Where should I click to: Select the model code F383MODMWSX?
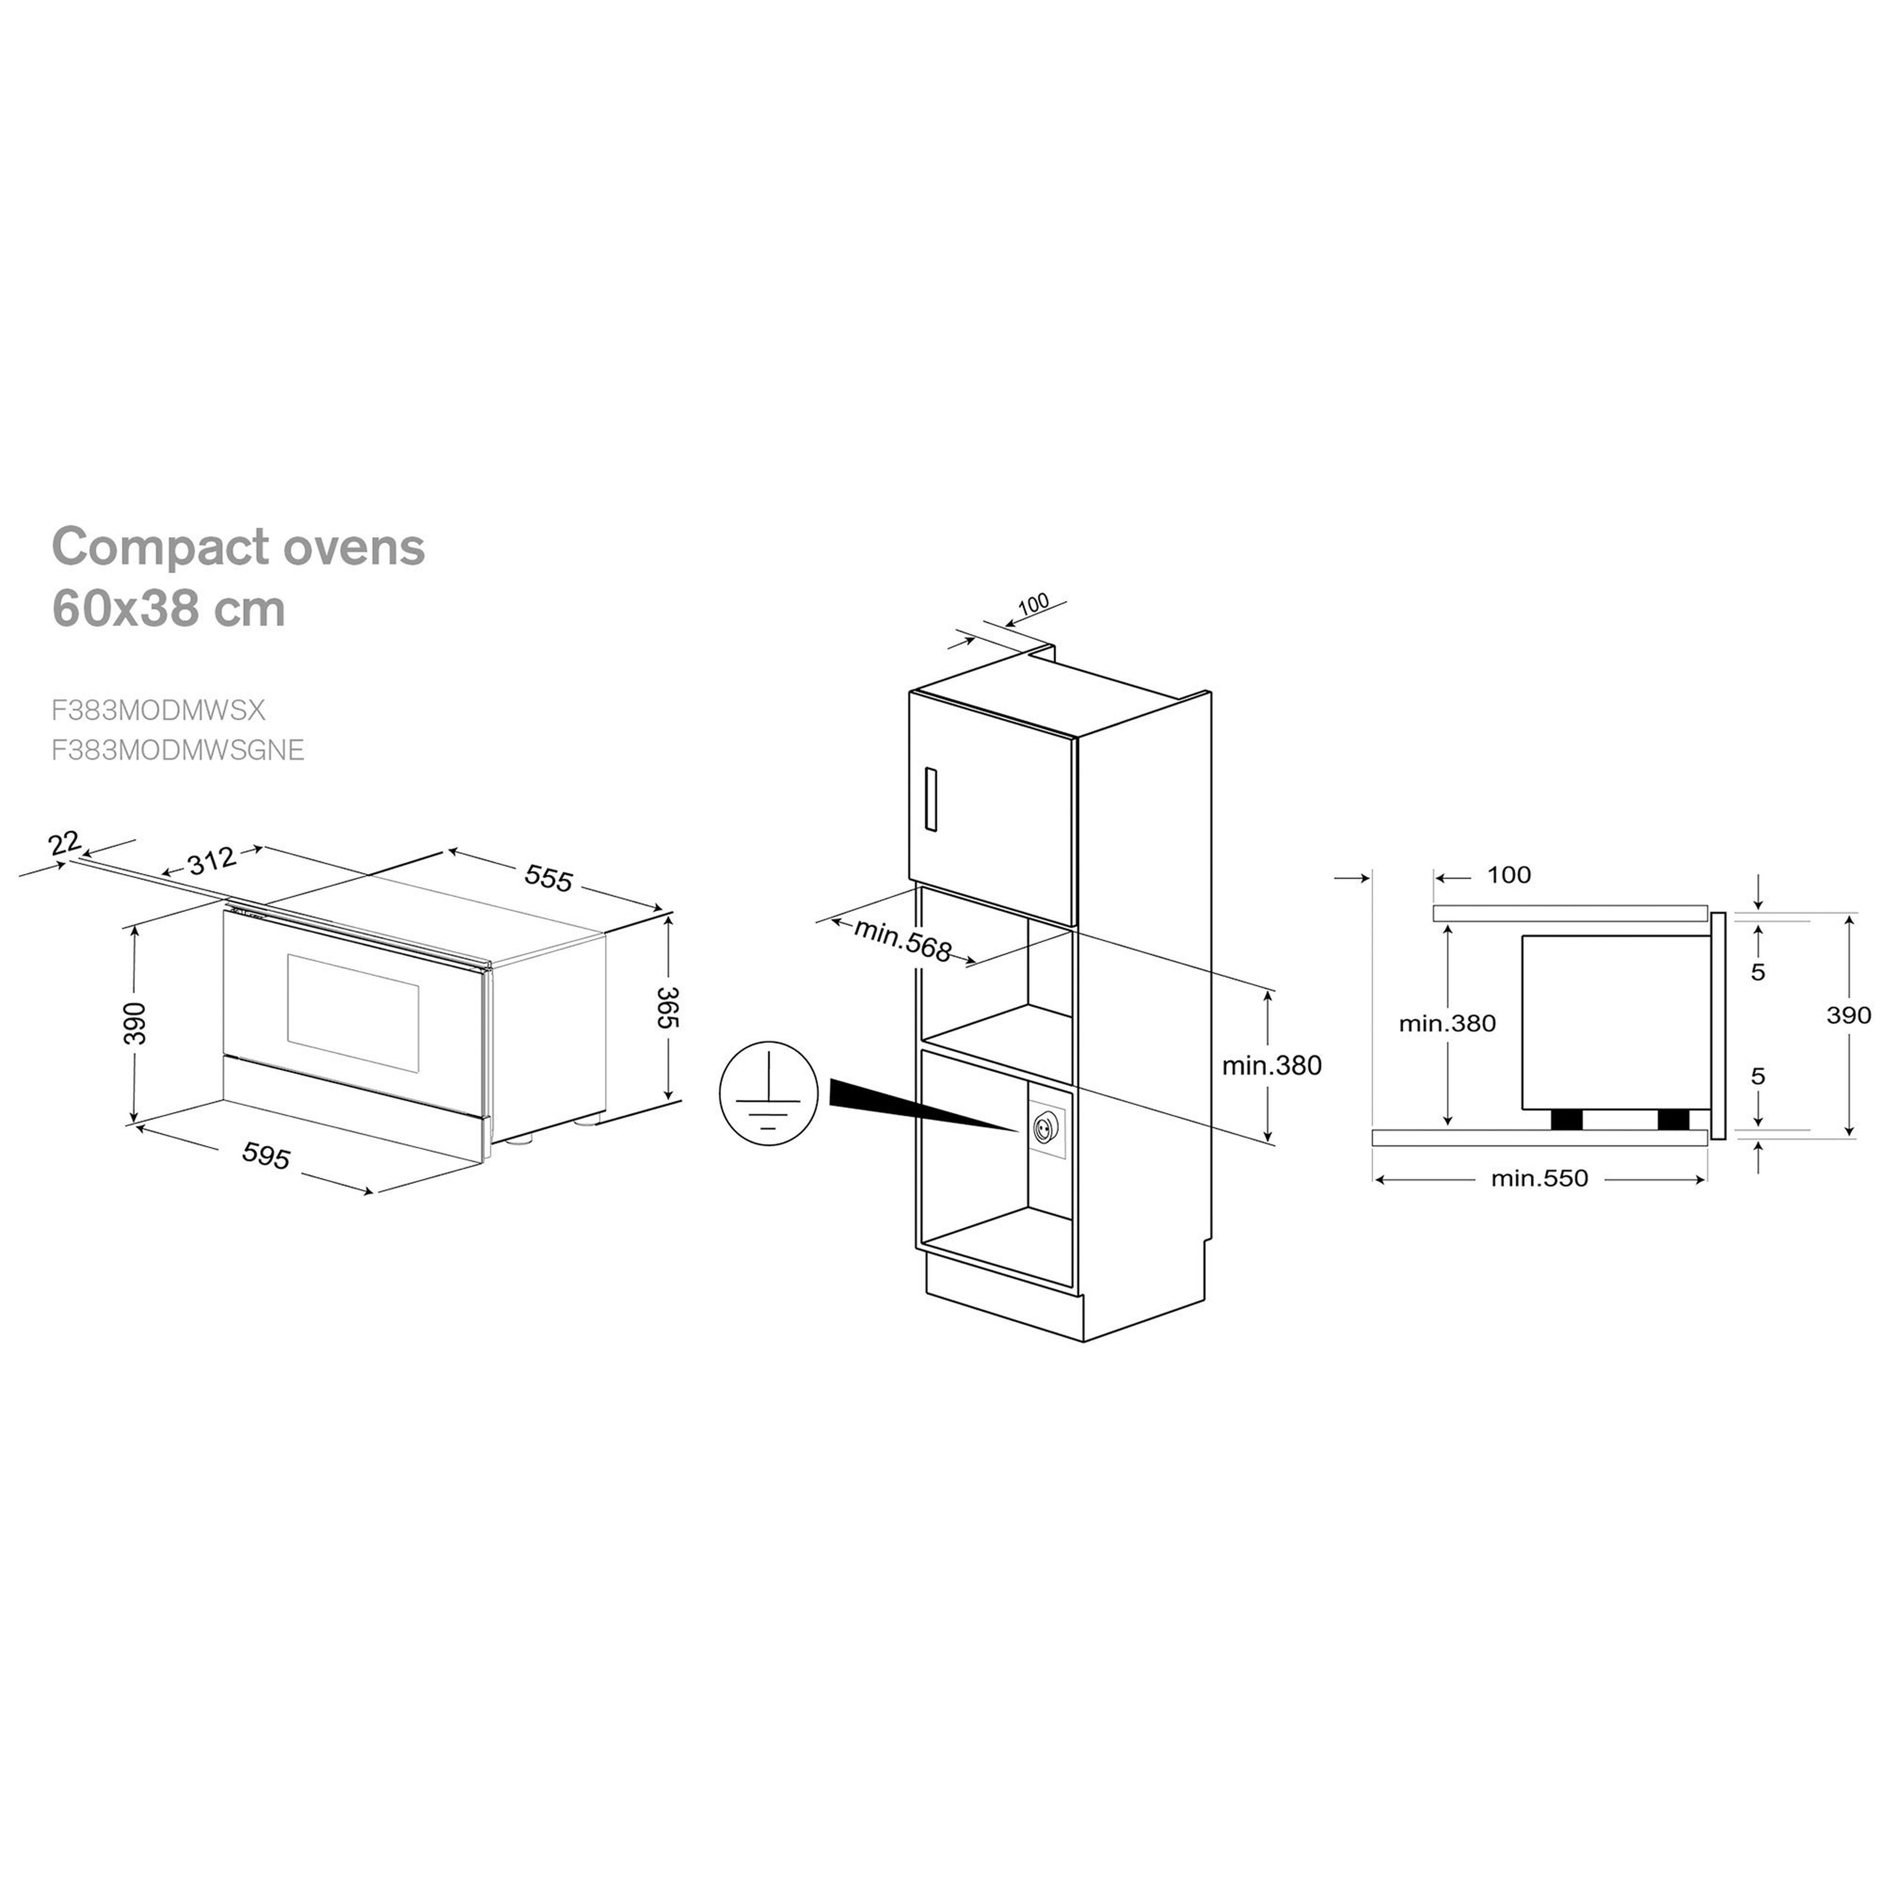(x=158, y=710)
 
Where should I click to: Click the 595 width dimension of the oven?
(x=266, y=1156)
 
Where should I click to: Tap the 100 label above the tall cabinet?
(x=1033, y=604)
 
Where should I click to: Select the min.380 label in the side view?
(x=1447, y=1024)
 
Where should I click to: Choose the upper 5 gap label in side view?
(x=1758, y=971)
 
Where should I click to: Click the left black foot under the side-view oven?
(x=1566, y=1119)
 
